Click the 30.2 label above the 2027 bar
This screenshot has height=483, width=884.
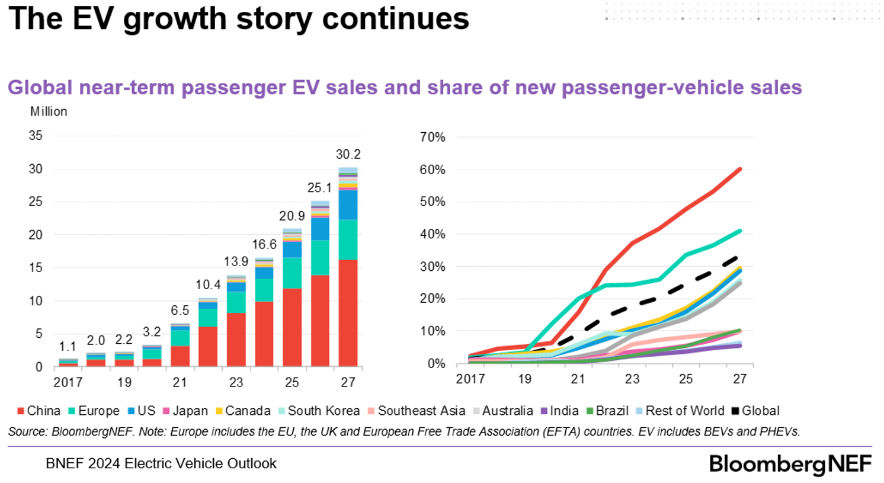point(348,155)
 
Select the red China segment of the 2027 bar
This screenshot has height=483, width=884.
point(348,313)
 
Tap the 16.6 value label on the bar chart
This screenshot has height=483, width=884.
point(264,245)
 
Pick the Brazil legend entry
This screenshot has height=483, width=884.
point(612,411)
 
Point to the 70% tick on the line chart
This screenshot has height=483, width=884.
point(433,137)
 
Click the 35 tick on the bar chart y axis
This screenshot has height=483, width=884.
point(36,136)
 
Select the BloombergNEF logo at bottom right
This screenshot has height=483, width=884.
point(790,464)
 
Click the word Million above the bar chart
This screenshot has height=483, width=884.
point(49,111)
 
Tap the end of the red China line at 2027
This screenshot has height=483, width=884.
point(739,169)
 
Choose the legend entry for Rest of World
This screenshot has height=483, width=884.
point(684,411)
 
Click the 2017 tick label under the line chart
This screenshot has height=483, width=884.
point(470,379)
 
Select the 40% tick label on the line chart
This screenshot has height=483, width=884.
point(433,234)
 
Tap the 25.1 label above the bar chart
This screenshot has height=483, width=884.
point(319,188)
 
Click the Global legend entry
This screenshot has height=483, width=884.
point(760,411)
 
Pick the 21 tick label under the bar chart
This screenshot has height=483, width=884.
point(180,382)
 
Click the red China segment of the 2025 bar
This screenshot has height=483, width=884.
point(292,327)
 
